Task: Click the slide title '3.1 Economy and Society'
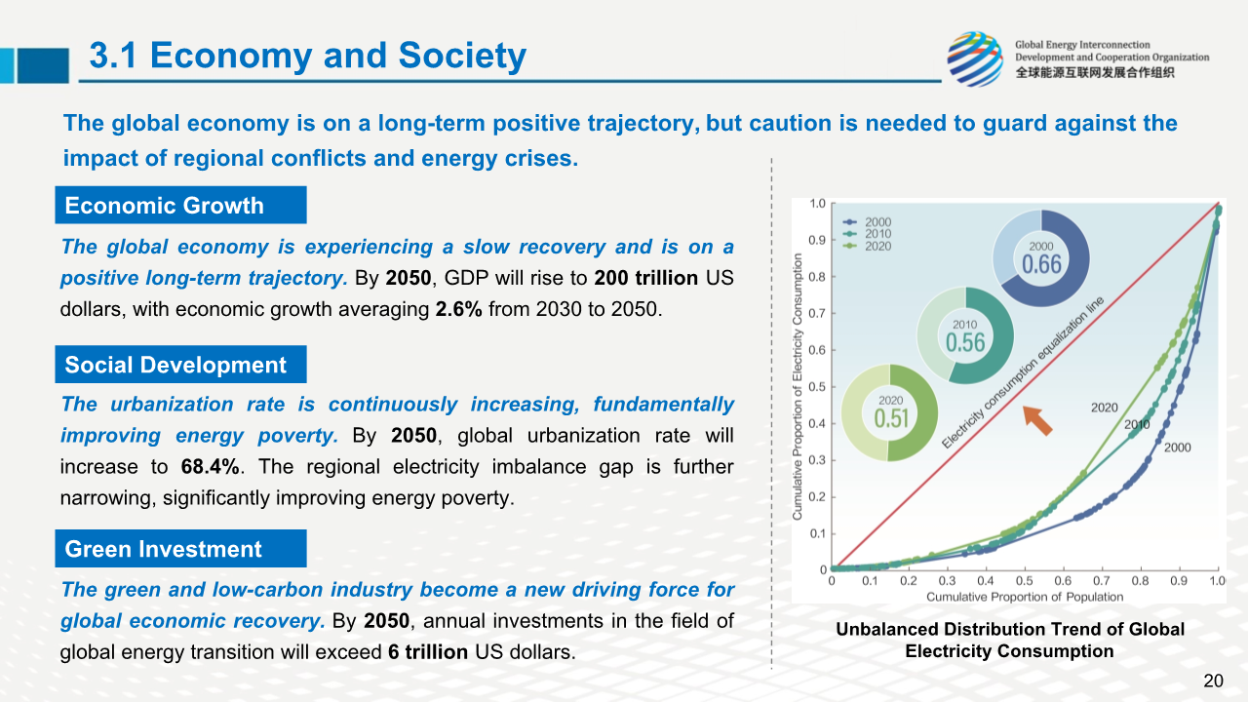[x=307, y=57]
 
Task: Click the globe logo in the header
[x=974, y=58]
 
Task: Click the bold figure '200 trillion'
[x=645, y=278]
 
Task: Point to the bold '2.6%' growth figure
[x=458, y=310]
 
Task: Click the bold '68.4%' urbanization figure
[x=211, y=467]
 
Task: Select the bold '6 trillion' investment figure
[x=428, y=652]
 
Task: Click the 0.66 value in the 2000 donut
[x=1041, y=264]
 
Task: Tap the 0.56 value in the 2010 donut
[x=965, y=342]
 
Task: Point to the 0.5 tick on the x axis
[x=1024, y=581]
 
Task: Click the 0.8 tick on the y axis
[x=817, y=277]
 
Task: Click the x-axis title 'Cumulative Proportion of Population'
[x=1024, y=597]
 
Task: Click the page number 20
[x=1213, y=681]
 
